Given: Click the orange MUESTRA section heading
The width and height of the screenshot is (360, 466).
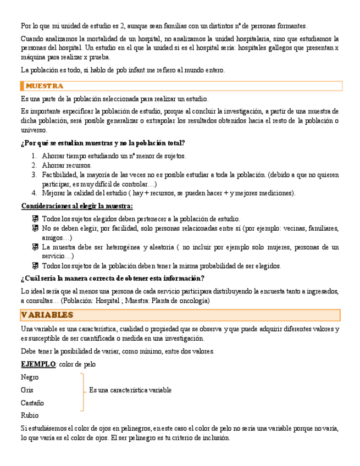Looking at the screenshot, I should (45, 86).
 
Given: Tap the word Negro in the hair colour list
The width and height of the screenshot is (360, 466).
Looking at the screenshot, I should (30, 378).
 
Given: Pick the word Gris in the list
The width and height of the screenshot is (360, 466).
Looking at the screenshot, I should (27, 390).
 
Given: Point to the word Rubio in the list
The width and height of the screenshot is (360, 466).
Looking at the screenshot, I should (30, 415).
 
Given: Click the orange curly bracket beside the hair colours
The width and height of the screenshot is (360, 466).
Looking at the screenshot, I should (83, 391).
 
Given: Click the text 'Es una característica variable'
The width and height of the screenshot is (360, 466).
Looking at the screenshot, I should (130, 390).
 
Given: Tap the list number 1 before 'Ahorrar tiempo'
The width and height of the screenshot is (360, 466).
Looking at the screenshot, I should (34, 156).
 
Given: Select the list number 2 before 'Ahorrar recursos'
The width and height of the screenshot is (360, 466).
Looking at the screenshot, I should (34, 165).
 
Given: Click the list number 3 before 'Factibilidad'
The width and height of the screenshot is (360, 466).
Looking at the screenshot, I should (34, 175).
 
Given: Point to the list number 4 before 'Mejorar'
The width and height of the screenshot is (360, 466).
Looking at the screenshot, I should (34, 193).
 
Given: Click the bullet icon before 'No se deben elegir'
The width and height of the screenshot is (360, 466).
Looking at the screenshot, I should (35, 229).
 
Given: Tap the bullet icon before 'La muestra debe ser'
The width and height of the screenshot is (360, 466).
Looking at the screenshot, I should (35, 247).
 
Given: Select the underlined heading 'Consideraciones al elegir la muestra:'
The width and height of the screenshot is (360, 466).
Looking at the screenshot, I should (77, 206).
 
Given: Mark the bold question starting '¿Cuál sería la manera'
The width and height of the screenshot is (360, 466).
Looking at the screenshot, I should (113, 279).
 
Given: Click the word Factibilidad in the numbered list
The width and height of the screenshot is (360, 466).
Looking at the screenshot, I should (60, 175).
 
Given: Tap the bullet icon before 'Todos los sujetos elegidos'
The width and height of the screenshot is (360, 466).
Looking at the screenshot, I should (35, 219).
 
